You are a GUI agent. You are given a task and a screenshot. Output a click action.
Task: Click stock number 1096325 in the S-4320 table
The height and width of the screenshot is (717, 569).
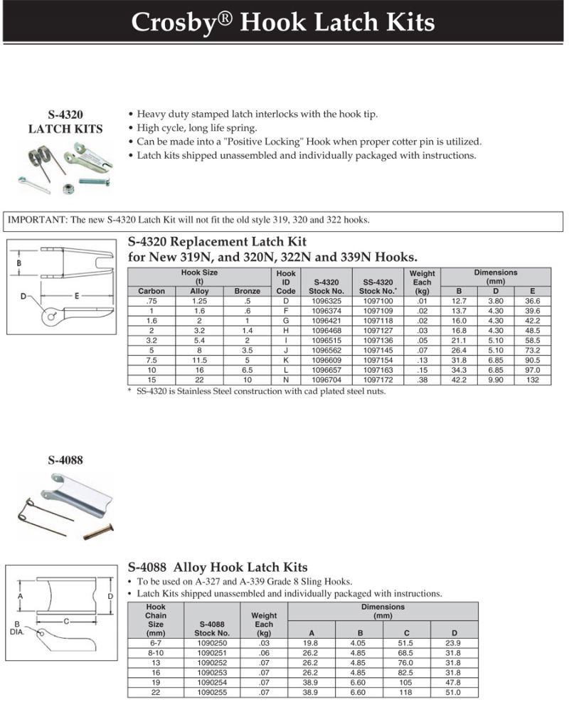328,301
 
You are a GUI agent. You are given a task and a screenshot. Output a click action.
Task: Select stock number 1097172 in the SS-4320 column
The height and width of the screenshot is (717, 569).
378,381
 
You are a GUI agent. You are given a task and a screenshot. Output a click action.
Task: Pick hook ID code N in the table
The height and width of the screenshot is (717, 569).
285,381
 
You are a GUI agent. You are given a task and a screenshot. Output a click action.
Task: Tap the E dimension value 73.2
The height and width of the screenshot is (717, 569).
532,351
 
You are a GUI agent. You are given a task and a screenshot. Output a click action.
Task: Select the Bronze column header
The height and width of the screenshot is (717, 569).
247,291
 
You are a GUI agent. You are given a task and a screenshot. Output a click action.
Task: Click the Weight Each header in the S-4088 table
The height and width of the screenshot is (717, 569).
264,623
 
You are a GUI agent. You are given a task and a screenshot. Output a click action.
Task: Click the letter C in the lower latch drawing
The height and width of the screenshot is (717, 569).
65,621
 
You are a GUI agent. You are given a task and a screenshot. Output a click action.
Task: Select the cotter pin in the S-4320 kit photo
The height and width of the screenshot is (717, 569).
34,184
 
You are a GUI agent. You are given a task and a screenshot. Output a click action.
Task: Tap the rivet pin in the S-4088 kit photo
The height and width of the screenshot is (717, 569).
98,531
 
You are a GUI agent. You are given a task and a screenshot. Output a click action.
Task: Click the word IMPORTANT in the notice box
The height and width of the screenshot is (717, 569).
35,220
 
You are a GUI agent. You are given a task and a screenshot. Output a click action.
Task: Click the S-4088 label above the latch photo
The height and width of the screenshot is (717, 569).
65,460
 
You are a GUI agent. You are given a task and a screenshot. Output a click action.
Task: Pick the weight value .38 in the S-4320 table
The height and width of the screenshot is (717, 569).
422,381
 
